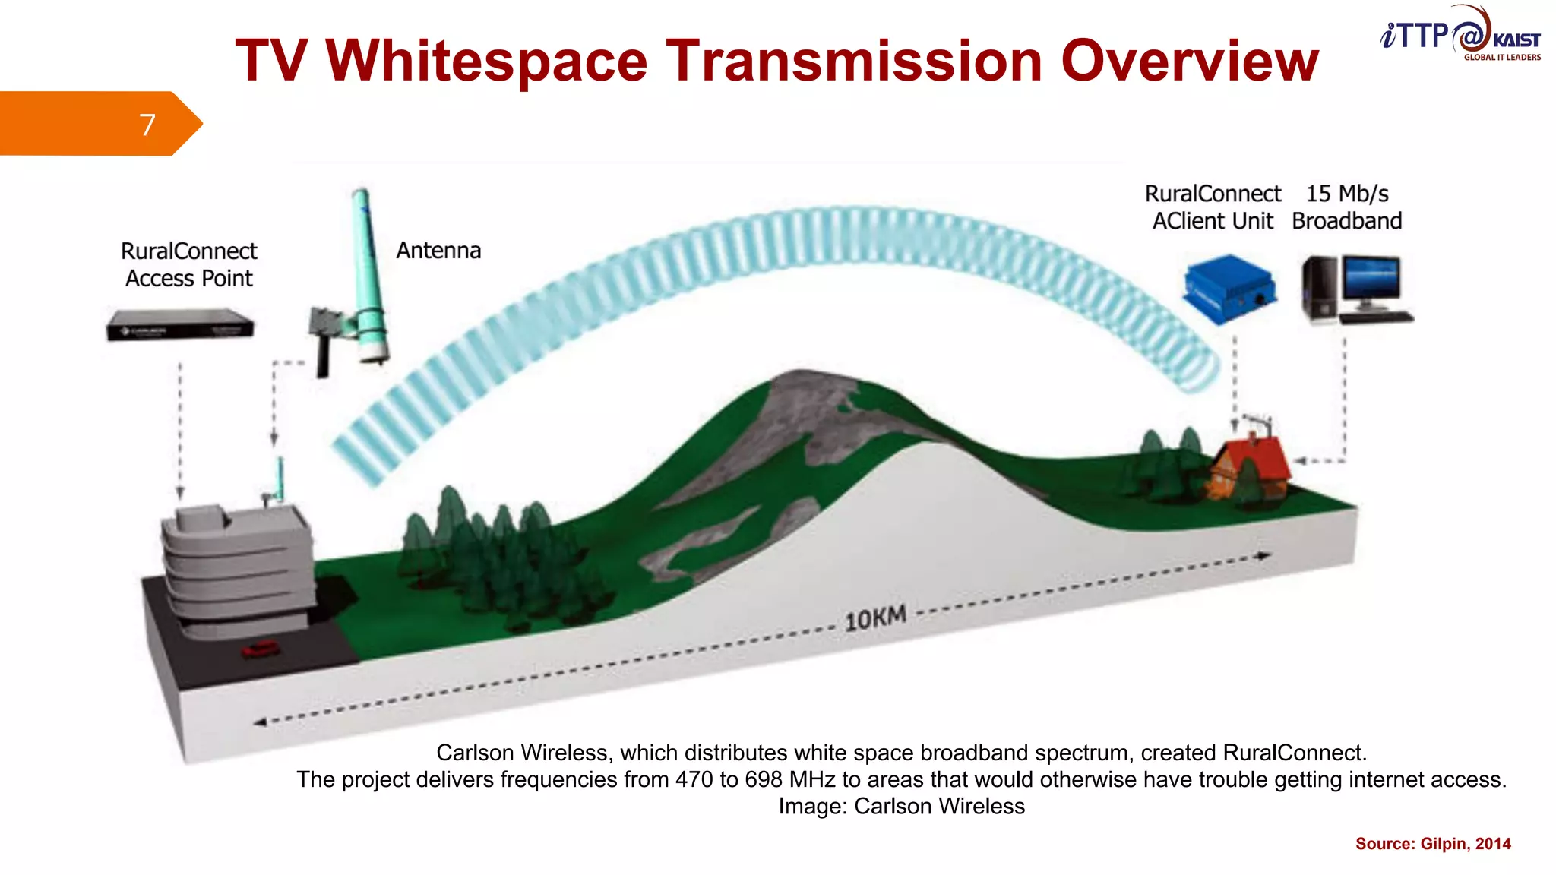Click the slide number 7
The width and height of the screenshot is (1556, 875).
[147, 125]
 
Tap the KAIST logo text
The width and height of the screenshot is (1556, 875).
[1516, 40]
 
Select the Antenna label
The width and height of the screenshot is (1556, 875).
[438, 251]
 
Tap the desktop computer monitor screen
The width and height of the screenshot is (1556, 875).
[1371, 278]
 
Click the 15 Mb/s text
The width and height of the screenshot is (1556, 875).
[1347, 194]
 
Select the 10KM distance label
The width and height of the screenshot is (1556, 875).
[875, 618]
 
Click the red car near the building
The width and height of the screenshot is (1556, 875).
[260, 649]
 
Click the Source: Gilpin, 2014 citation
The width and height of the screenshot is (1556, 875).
[1433, 844]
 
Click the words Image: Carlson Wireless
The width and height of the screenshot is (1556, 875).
[901, 806]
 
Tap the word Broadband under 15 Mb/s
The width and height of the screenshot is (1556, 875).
[1347, 221]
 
